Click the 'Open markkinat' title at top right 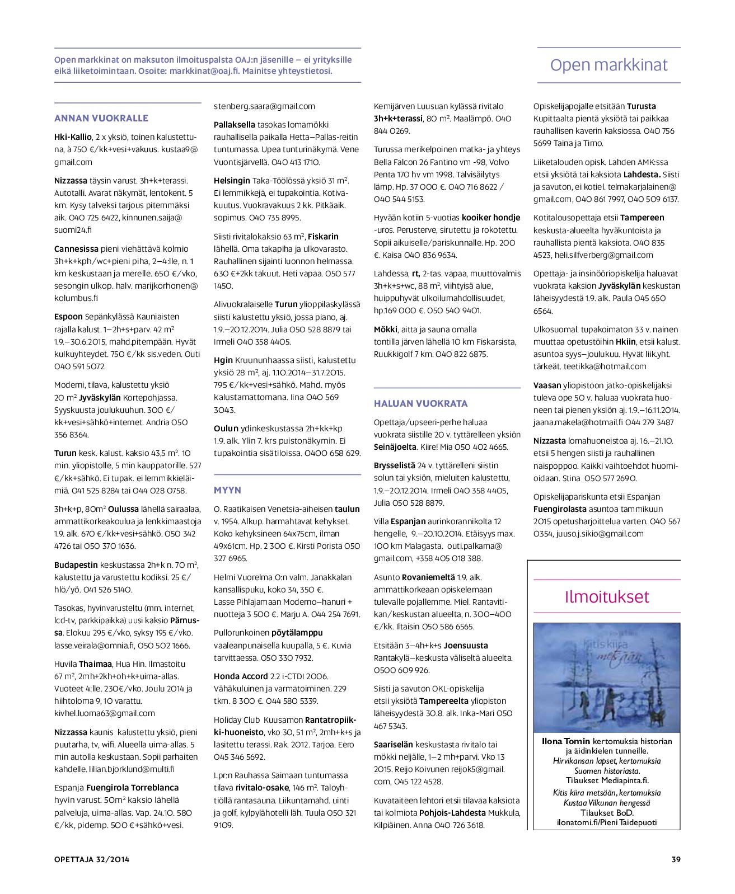point(608,65)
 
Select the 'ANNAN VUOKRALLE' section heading point(101,118)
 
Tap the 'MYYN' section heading point(227,490)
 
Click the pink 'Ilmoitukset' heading point(607,596)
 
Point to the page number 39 point(676,859)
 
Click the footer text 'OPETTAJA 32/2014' point(92,859)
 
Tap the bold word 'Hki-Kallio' point(73,137)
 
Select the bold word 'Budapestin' point(76,565)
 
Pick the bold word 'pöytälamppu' point(297,633)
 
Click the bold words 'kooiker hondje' point(491,218)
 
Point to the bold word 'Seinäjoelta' point(395,447)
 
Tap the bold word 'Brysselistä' point(395,465)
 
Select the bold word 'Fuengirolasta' point(560,509)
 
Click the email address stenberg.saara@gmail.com point(264,106)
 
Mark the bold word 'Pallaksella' point(235,125)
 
